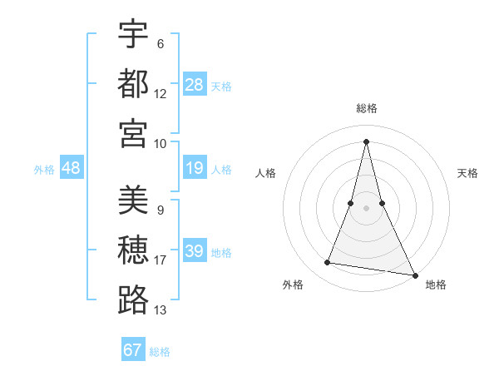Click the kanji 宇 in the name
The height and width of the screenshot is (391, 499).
tap(133, 34)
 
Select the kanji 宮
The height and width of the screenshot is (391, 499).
tap(133, 133)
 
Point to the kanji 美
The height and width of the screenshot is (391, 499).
tap(133, 200)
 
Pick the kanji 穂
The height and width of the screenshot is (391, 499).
tap(133, 250)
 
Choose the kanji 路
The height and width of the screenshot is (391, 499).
tap(133, 300)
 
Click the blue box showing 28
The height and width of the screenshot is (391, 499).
tap(195, 85)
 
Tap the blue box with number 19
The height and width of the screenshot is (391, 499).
tap(195, 169)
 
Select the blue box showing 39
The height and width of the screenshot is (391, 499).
tap(195, 252)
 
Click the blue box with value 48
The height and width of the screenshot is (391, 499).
tap(71, 169)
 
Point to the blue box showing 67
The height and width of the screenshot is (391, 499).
tap(133, 350)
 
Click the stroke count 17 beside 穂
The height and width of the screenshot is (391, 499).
tap(161, 260)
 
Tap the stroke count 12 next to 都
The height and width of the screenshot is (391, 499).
tap(161, 93)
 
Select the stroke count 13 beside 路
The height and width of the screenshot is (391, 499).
tap(161, 310)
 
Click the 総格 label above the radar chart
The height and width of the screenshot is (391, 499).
tap(367, 108)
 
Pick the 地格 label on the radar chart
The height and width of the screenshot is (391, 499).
tap(436, 285)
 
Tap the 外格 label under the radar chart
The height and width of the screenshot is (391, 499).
tap(292, 285)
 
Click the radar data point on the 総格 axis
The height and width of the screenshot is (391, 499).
tap(367, 141)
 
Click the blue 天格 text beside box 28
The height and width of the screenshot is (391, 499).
tap(220, 86)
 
